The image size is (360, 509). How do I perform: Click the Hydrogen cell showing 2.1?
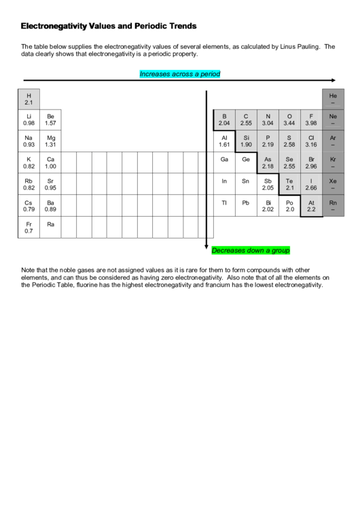(29, 99)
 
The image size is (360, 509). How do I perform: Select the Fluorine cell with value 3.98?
(311, 120)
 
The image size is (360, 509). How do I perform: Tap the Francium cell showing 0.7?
(29, 228)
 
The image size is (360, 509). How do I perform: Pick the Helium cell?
(333, 99)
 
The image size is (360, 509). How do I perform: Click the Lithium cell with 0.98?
(29, 120)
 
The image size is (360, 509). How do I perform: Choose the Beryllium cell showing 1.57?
(50, 120)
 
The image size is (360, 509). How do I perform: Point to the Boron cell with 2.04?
(224, 120)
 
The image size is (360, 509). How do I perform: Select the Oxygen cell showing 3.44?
(289, 120)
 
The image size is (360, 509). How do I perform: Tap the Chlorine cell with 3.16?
(311, 141)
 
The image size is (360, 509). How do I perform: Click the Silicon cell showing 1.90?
(246, 141)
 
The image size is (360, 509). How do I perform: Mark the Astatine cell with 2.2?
(311, 206)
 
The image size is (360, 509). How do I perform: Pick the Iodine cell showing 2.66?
(311, 185)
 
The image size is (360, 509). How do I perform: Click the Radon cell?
(333, 206)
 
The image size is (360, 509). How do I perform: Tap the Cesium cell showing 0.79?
(29, 206)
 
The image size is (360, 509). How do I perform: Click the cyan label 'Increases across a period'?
(179, 73)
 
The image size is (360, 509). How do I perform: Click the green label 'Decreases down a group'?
(251, 250)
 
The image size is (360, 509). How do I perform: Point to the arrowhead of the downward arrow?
(206, 247)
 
